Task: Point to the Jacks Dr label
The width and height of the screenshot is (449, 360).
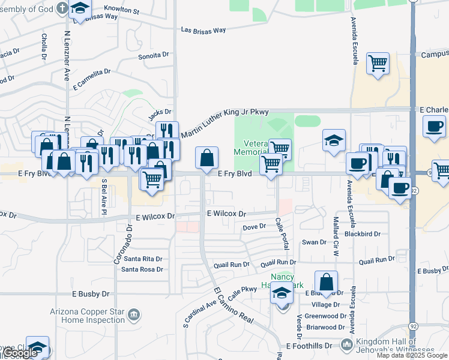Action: (x=160, y=112)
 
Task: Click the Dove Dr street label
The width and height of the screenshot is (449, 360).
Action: (x=254, y=227)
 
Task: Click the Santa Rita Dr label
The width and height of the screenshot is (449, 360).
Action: (x=142, y=259)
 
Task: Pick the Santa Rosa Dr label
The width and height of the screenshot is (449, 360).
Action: (x=142, y=269)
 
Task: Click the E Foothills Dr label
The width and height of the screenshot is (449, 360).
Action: (x=309, y=346)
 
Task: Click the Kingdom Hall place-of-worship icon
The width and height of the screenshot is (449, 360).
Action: (x=346, y=344)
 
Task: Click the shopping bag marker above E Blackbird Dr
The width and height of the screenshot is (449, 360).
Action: (x=326, y=283)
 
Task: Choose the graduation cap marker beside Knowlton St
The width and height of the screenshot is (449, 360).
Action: (x=79, y=8)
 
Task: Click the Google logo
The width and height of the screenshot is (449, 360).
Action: (x=20, y=353)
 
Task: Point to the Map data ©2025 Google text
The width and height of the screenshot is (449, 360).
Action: (x=412, y=356)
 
